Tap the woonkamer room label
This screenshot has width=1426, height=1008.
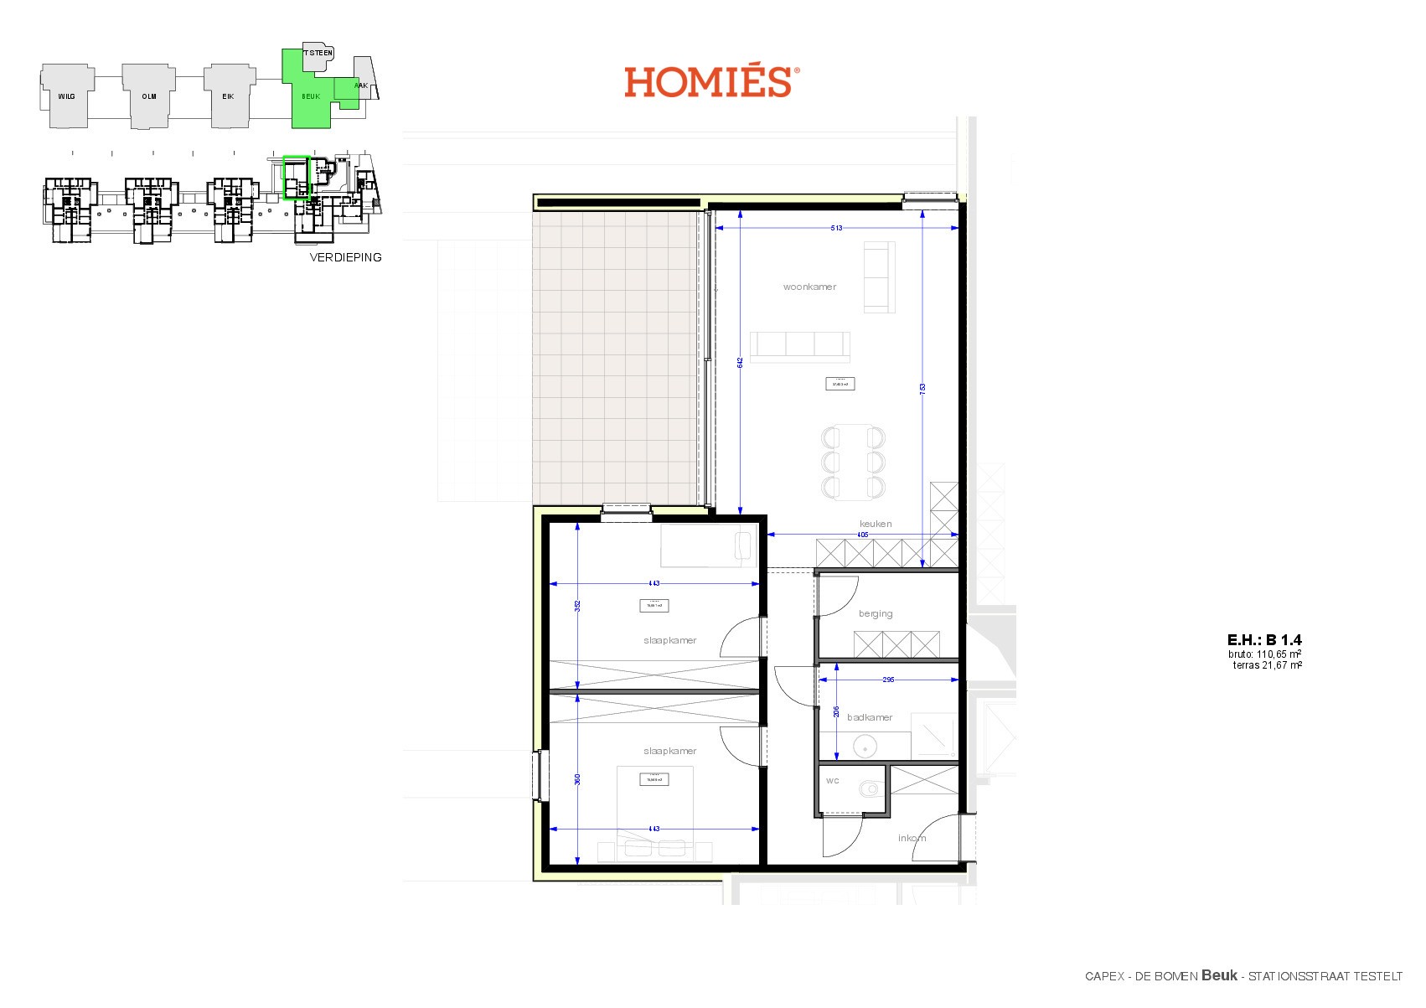point(809,287)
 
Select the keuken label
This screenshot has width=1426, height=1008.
point(875,524)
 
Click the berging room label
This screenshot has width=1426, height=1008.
point(875,613)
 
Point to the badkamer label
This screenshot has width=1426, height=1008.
point(869,717)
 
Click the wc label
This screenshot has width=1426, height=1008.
point(832,780)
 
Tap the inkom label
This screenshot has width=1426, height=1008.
point(912,838)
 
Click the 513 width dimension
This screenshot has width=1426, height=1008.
point(836,228)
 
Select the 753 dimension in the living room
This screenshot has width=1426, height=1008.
point(922,388)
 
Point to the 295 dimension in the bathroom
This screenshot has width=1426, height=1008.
point(888,680)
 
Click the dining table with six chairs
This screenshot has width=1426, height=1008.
point(853,462)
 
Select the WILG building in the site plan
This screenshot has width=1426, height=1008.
point(66,96)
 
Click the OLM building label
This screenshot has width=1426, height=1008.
point(148,96)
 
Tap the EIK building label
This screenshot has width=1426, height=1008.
point(228,96)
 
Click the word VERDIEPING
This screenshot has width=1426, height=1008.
point(345,257)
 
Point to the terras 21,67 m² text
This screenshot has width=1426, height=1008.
point(1267,665)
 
